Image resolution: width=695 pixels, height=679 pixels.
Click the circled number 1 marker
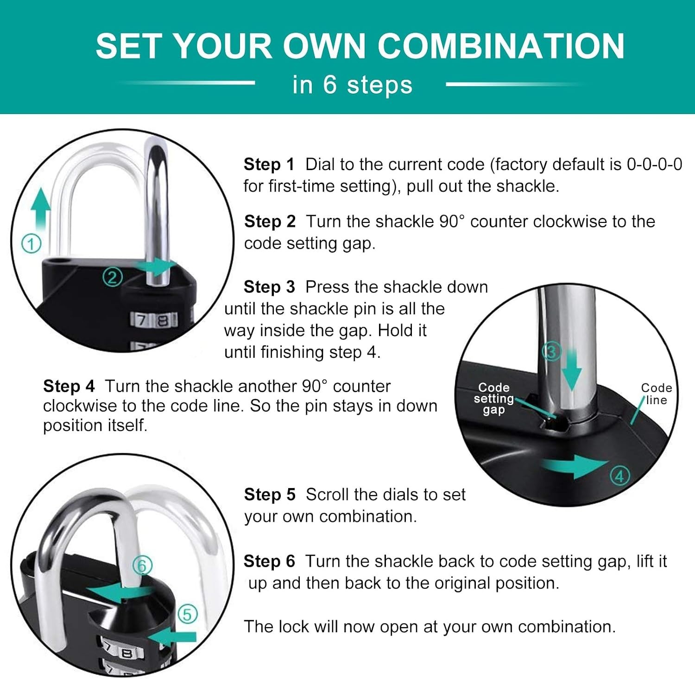tap(32, 244)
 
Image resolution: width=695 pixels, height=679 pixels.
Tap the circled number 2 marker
tap(112, 277)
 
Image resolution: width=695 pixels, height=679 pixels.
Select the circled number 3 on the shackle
tap(551, 352)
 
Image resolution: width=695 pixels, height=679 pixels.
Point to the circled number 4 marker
tap(620, 476)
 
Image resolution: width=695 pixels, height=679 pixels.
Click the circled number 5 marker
tap(187, 615)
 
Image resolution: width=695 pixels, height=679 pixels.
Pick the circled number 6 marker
tap(142, 565)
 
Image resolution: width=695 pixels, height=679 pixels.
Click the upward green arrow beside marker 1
tap(41, 211)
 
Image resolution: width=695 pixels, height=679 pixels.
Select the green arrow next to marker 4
tap(575, 465)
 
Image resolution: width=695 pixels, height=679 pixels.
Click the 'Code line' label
tap(657, 394)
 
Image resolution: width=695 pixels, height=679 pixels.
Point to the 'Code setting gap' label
tap(493, 399)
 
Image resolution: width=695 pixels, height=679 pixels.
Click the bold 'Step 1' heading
tap(269, 164)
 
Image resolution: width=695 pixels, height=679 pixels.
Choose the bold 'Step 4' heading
tap(69, 386)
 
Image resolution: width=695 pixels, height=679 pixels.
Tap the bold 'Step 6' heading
tap(269, 561)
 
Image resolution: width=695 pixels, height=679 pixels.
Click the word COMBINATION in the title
tap(501, 46)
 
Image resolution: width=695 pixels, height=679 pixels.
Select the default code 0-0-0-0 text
tap(654, 164)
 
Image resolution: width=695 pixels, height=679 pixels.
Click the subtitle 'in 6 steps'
tap(352, 85)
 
